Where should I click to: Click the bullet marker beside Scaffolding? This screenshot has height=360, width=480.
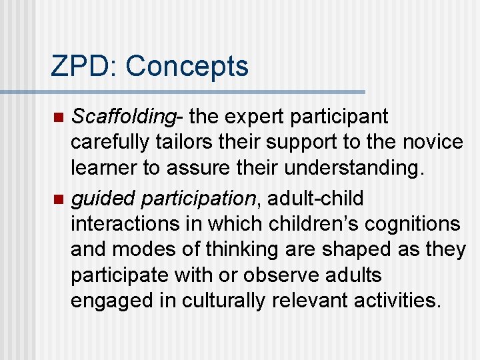pos(58,118)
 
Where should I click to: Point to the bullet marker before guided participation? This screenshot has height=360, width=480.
pos(58,199)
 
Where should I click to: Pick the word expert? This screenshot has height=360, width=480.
pos(251,117)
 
